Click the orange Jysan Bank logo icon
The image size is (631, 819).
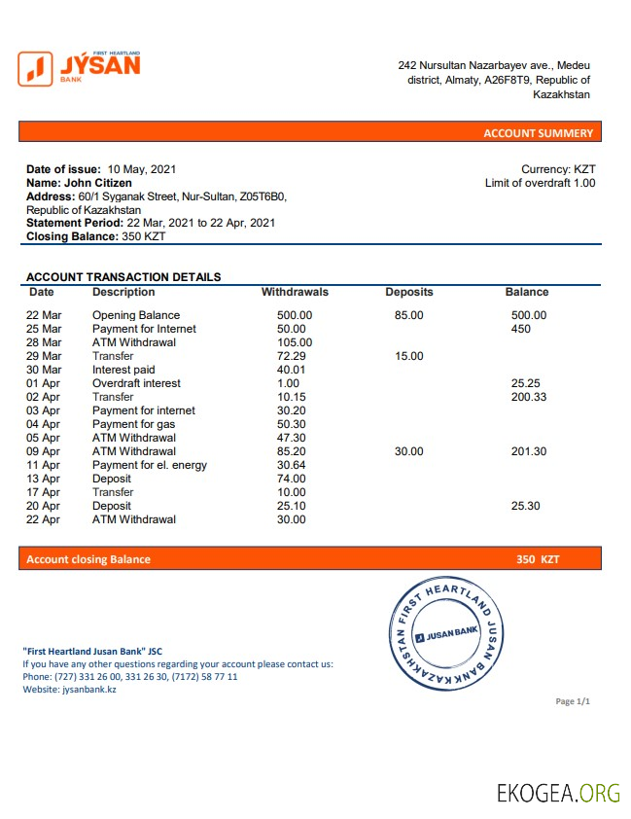coord(36,68)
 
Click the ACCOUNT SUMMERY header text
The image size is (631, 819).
coord(538,133)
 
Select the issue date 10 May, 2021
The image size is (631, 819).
coord(142,169)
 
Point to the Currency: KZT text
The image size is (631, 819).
coord(558,169)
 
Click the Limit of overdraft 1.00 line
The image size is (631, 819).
coord(540,183)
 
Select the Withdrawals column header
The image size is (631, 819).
coord(295,292)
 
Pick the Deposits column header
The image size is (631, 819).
coord(409,292)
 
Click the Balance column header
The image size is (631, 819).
coord(527,292)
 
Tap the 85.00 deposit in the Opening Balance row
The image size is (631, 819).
coord(409,315)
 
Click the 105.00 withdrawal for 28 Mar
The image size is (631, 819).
coord(295,342)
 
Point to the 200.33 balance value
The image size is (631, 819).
coord(529,397)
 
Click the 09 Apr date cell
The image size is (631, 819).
coord(44,451)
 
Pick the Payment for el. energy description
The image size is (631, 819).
coord(150,465)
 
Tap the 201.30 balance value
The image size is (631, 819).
coord(529,451)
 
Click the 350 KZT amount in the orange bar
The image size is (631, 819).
coord(538,559)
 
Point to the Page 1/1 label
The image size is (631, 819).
coord(573,701)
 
